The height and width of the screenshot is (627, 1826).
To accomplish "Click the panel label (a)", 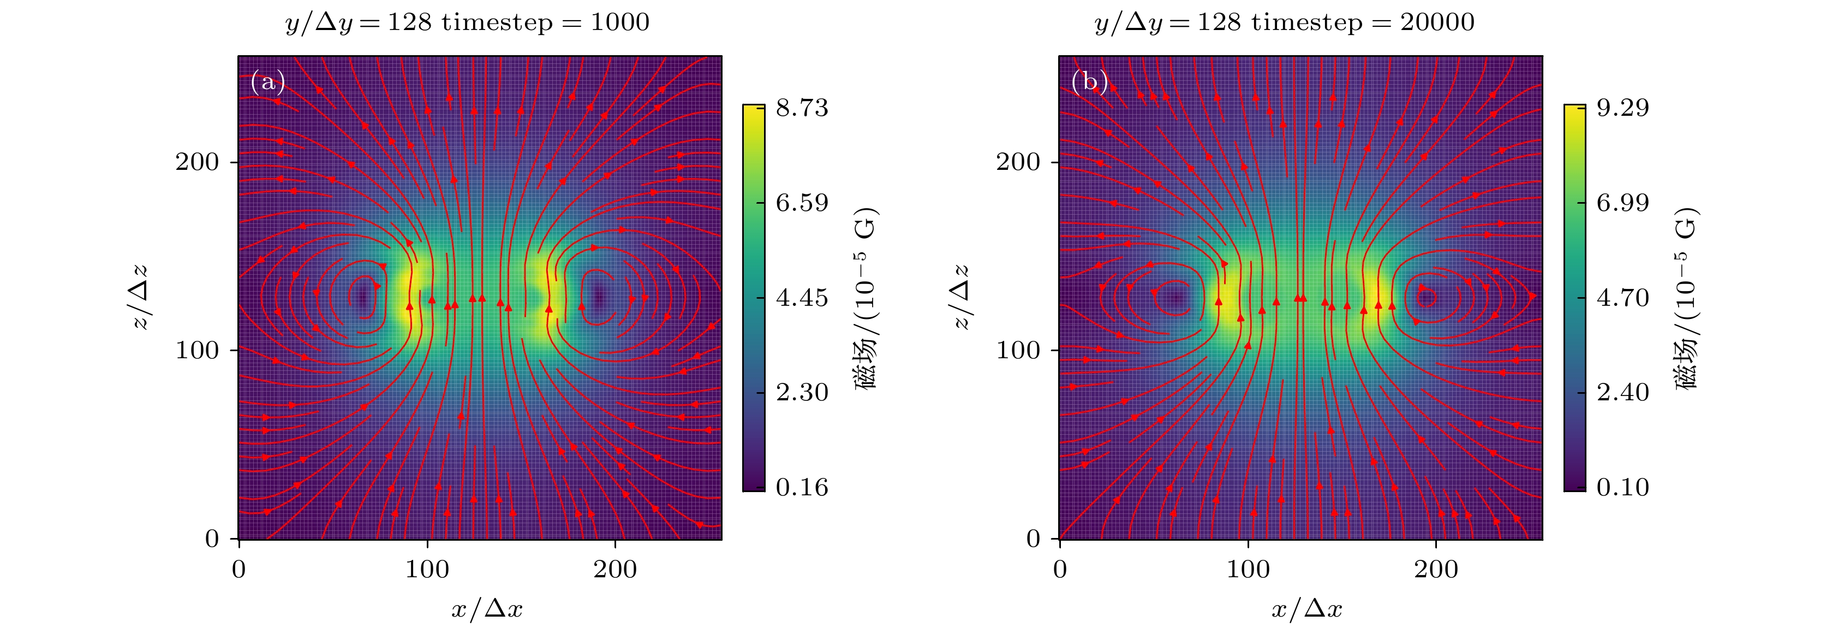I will pyautogui.click(x=268, y=83).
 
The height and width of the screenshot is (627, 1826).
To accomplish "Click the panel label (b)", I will pyautogui.click(x=1089, y=83).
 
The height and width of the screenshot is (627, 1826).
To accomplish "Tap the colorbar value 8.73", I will pyautogui.click(x=802, y=108).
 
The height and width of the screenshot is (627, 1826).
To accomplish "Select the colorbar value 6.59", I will pyautogui.click(x=802, y=203).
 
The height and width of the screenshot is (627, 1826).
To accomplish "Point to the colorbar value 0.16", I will pyautogui.click(x=802, y=487).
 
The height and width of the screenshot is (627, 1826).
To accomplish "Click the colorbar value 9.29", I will pyautogui.click(x=1622, y=108).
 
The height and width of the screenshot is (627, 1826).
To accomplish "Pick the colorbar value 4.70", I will pyautogui.click(x=1622, y=298).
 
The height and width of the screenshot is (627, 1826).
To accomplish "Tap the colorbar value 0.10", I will pyautogui.click(x=1622, y=487).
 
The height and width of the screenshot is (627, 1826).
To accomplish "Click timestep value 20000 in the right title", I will pyautogui.click(x=1437, y=23).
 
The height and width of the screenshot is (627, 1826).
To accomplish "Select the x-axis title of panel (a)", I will pyautogui.click(x=487, y=608).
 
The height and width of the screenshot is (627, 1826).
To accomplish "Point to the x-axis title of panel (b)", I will pyautogui.click(x=1307, y=608).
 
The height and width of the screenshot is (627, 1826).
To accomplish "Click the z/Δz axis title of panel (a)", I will pyautogui.click(x=140, y=297).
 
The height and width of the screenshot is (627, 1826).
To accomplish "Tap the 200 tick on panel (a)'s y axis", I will pyautogui.click(x=197, y=162).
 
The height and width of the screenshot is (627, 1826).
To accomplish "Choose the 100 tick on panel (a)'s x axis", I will pyautogui.click(x=427, y=570).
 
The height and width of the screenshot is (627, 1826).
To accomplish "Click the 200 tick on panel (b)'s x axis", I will pyautogui.click(x=1436, y=570).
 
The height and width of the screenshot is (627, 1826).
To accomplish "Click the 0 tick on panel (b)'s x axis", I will pyautogui.click(x=1060, y=570).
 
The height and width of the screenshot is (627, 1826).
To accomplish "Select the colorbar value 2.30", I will pyautogui.click(x=802, y=392).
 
